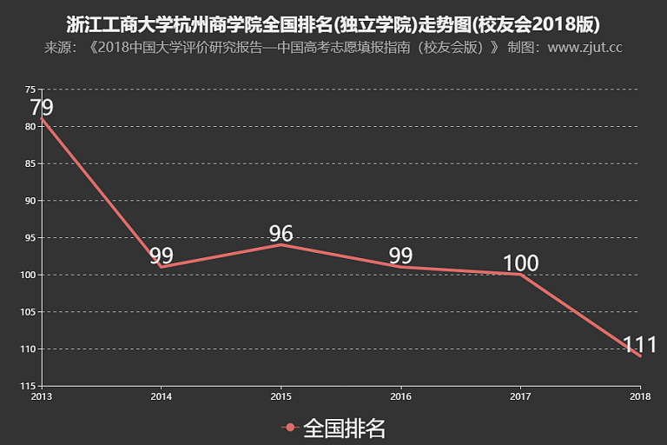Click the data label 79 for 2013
pos(42,108)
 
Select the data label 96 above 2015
pos(281,233)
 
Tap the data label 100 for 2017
pos(520,263)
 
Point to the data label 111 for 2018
pos(640,344)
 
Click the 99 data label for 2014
pos(161,256)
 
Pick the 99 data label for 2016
pos(400,256)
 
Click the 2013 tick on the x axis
pos(41,396)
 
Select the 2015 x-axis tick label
pos(281,396)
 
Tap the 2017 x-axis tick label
pos(520,396)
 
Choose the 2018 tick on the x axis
pos(640,396)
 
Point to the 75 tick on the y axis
pos(30,90)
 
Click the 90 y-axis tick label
pos(30,201)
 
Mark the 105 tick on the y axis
pos(29,312)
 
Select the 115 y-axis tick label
pos(29,386)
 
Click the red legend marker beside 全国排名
pos(290,428)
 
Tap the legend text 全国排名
pos(344,428)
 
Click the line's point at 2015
pos(281,244)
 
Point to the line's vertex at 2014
pos(161,267)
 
